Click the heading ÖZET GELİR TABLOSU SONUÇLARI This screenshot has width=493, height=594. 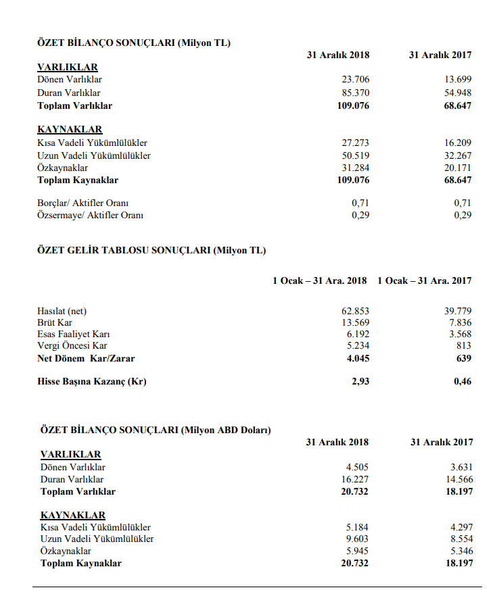[124, 250]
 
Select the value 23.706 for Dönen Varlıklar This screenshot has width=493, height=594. [356, 80]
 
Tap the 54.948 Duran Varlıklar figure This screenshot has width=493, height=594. [458, 93]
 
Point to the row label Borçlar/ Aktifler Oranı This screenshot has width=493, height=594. [83, 203]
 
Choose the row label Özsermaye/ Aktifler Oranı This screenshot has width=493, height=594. [90, 216]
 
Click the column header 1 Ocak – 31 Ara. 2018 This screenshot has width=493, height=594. [320, 280]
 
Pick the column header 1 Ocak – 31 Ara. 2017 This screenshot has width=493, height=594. [425, 280]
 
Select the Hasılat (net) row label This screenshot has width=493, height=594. [62, 311]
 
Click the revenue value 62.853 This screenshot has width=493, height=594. [356, 311]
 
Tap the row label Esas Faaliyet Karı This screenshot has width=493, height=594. [74, 335]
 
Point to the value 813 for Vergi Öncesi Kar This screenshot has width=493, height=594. [464, 346]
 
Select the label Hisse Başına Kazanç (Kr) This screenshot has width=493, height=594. [92, 382]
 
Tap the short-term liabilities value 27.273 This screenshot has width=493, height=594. [356, 143]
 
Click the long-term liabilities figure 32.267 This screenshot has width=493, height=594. [458, 155]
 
